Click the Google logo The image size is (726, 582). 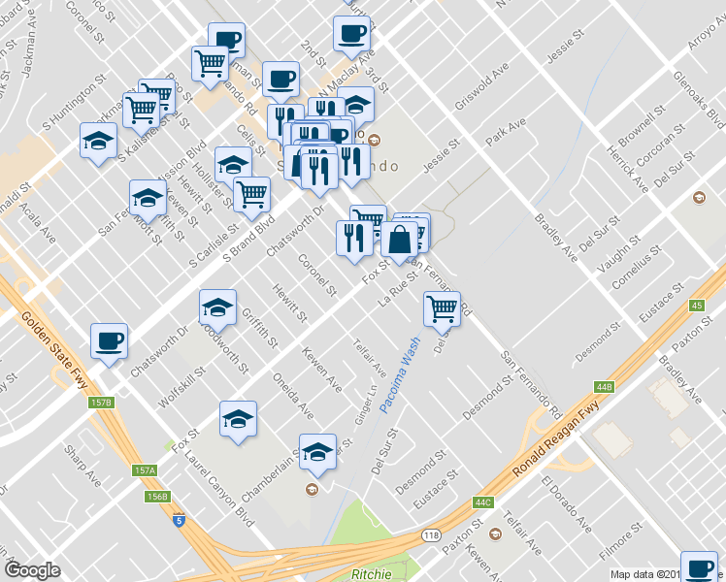(x=33, y=570)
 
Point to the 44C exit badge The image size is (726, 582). (x=483, y=502)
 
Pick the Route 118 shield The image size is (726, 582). (x=431, y=535)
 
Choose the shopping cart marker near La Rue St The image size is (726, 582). (x=442, y=308)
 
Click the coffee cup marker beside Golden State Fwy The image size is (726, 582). (x=109, y=340)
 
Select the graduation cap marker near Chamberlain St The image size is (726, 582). (x=316, y=452)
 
